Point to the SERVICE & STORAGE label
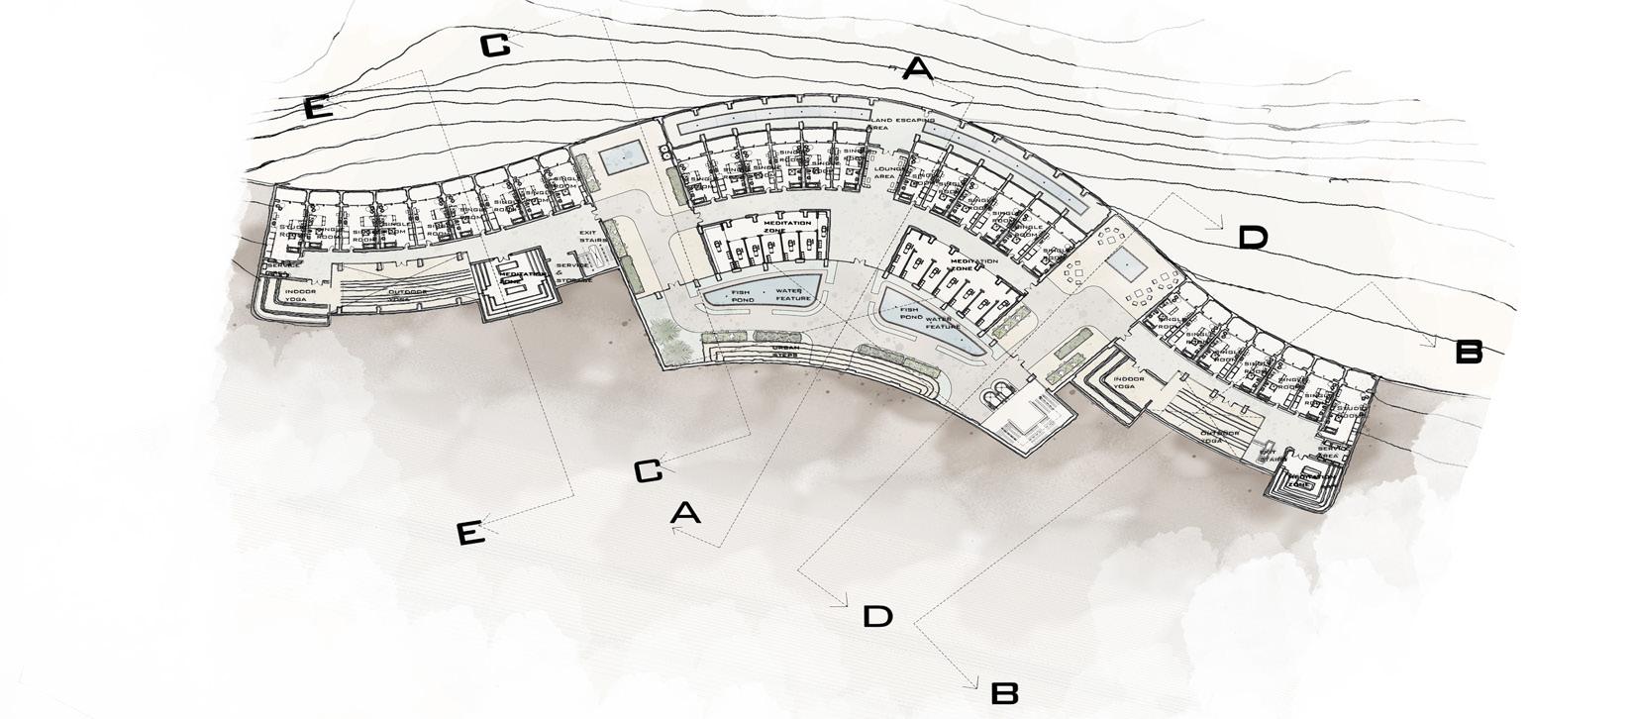573,272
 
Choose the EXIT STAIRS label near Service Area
1273,455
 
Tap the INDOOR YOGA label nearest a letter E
296,294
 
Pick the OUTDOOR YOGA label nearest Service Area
1220,433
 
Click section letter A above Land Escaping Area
918,69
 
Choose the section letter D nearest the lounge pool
1252,238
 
